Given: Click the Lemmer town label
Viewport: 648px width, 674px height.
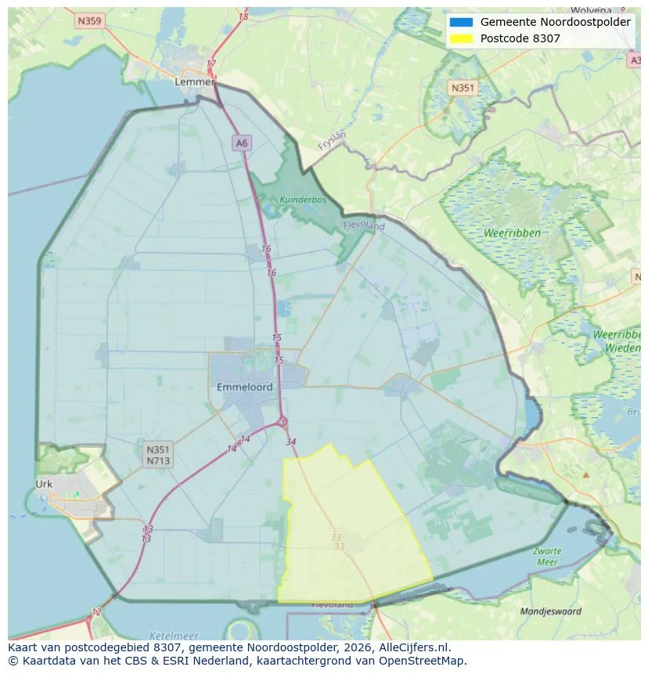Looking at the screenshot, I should tap(194, 81).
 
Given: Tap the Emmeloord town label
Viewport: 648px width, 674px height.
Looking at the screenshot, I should tap(244, 387).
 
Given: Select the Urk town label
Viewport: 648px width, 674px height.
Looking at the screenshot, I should tap(44, 484).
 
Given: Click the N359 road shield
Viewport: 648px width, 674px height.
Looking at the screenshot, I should tap(90, 21).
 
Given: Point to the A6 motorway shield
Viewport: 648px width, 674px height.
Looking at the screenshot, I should tap(241, 142).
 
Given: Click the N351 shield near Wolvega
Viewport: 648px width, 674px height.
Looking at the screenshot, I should tap(462, 88).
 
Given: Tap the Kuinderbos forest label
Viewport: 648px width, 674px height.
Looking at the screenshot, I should tap(303, 200).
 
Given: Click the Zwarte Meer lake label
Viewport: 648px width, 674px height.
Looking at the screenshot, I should tap(547, 557).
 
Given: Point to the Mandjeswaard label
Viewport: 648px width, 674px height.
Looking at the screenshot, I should tap(551, 611).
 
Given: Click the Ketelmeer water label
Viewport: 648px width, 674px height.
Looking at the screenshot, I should tap(173, 636).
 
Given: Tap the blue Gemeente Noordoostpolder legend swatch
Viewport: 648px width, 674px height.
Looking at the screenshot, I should tap(461, 22).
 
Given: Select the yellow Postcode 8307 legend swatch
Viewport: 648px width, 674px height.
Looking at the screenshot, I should tap(461, 38).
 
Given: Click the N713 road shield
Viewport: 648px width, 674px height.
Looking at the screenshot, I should tap(157, 460).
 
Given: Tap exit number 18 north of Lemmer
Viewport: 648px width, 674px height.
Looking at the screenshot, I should tap(243, 16).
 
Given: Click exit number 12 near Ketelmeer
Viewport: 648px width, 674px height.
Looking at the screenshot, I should tap(96, 611).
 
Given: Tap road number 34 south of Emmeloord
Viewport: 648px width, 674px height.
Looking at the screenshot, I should tap(291, 442).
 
